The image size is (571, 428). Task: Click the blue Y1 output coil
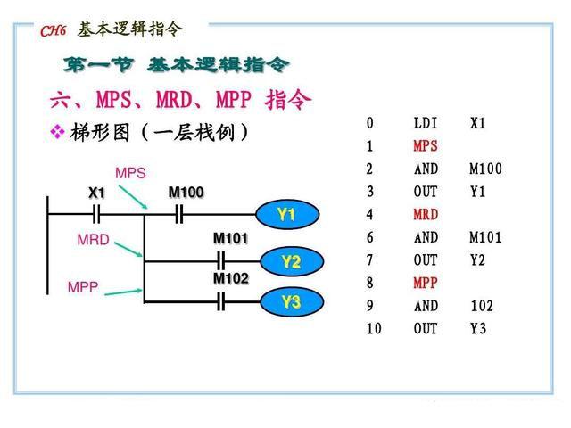click(285, 215)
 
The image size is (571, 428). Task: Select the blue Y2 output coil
click(291, 261)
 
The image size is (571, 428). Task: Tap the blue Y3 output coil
click(291, 302)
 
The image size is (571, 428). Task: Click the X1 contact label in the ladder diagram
click(96, 193)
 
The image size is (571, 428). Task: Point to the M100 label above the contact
click(186, 193)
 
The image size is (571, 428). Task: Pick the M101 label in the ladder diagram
click(230, 238)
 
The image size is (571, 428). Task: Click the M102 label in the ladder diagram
click(230, 278)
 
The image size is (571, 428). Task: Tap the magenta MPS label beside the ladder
click(130, 173)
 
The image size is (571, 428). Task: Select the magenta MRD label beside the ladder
click(93, 240)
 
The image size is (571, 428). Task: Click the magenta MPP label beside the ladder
click(83, 287)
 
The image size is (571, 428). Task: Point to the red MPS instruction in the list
click(426, 145)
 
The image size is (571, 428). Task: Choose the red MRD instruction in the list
click(426, 215)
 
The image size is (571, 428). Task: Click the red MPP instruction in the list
click(426, 283)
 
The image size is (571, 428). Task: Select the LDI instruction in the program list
click(426, 123)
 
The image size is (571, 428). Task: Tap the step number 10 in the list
click(373, 328)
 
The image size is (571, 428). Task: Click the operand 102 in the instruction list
click(482, 306)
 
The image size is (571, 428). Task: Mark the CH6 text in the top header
click(53, 31)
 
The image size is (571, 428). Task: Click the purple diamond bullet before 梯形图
click(57, 133)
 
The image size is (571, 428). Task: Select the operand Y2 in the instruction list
click(478, 260)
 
